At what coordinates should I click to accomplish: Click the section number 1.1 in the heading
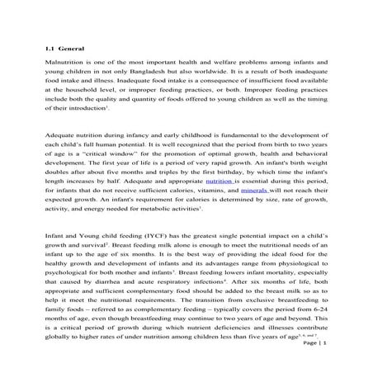click(50, 50)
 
